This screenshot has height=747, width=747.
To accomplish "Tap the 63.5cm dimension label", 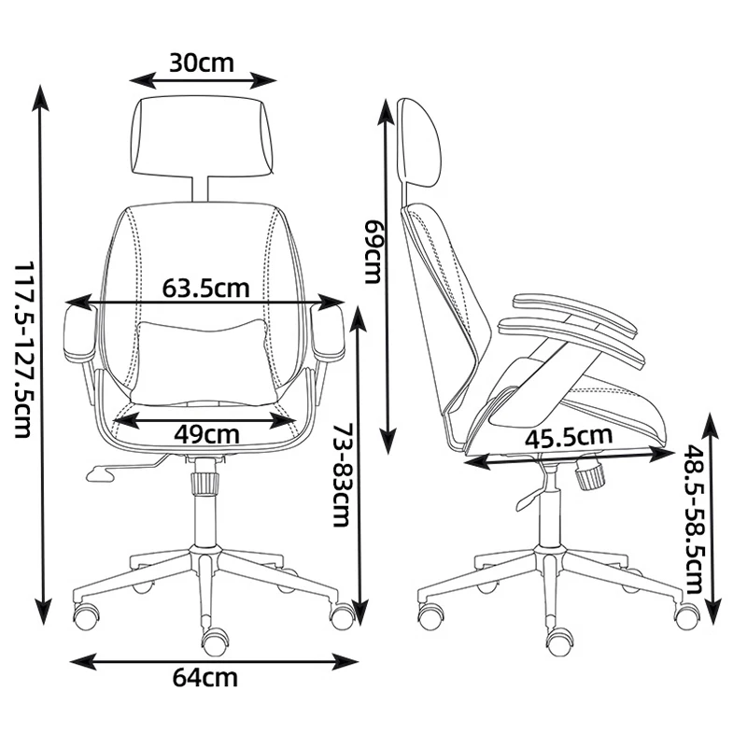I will [205, 287].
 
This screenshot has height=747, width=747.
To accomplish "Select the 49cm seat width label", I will [206, 433].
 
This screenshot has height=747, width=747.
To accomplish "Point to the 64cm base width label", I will [205, 678].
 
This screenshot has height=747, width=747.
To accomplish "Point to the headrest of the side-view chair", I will [420, 140].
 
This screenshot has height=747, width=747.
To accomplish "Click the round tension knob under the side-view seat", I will [589, 476].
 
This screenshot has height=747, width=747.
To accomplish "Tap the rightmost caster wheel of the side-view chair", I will [687, 615].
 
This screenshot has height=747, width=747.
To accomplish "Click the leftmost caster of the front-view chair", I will [87, 614].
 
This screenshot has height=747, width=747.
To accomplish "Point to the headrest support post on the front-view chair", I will [201, 186].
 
